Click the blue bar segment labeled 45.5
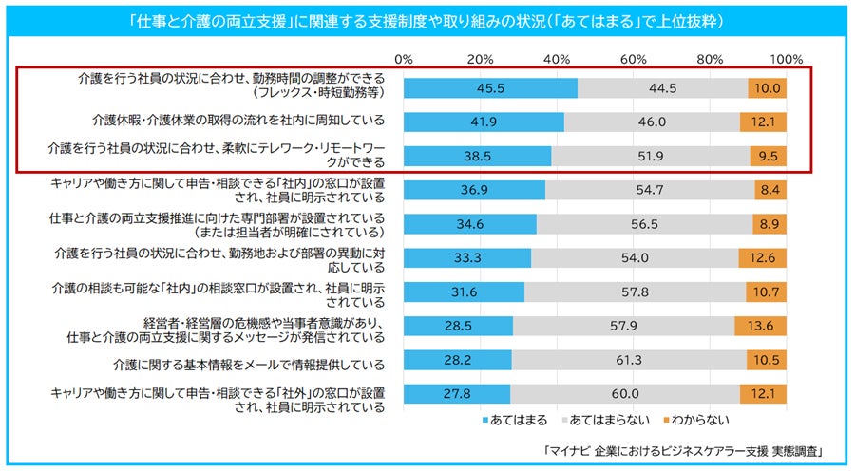click(x=490, y=87)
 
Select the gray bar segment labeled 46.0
click(x=653, y=122)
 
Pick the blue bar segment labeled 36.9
click(x=474, y=190)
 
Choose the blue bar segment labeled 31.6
click(x=464, y=292)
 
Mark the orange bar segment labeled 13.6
click(x=761, y=327)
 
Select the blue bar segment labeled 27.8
click(x=457, y=395)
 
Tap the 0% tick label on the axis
click(x=404, y=59)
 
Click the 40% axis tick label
click(x=557, y=59)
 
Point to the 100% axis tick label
click(x=787, y=59)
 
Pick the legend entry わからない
click(x=695, y=418)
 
